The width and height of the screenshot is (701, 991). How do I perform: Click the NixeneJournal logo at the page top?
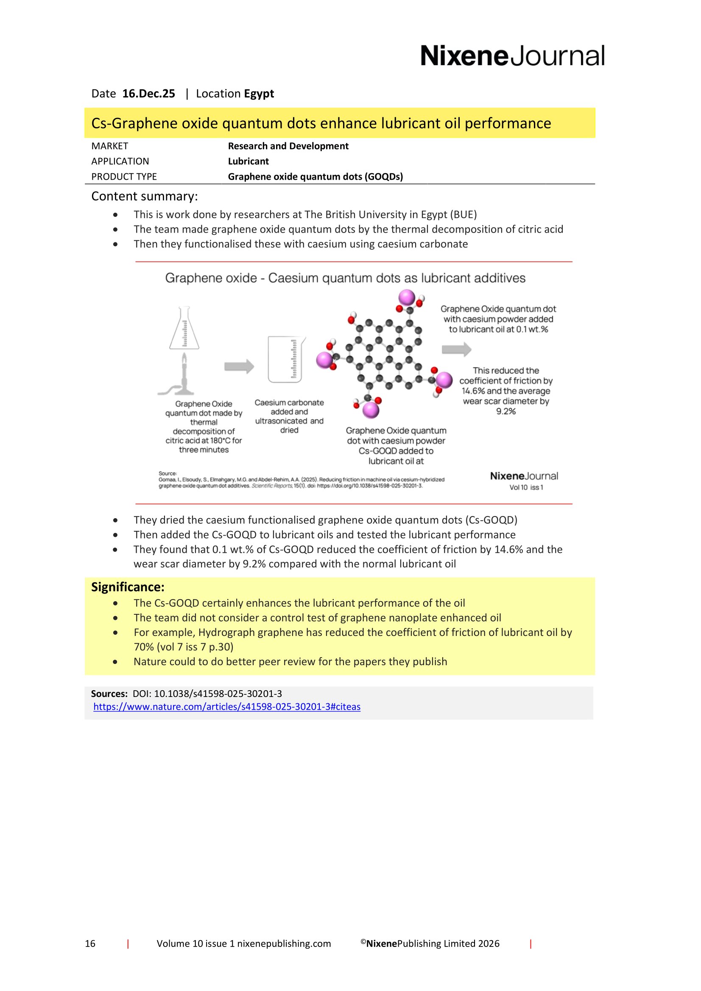(x=512, y=56)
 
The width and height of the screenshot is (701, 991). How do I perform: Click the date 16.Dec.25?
(x=148, y=94)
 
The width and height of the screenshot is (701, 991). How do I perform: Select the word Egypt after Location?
(x=259, y=94)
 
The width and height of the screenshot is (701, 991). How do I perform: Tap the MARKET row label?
(x=110, y=146)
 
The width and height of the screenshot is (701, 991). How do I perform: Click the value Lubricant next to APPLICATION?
(x=249, y=161)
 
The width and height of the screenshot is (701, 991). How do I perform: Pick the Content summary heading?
(x=144, y=197)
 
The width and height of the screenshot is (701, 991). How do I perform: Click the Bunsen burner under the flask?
(x=182, y=375)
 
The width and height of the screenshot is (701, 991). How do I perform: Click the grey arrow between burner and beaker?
(x=239, y=366)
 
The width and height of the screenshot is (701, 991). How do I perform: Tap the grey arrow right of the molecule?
(x=456, y=349)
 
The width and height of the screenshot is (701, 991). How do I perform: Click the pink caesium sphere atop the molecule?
(x=406, y=297)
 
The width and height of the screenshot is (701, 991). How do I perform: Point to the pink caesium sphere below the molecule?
(x=371, y=410)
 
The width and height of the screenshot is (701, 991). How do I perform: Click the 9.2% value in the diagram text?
(x=506, y=411)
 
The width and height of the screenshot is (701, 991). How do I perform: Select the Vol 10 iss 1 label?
(x=526, y=487)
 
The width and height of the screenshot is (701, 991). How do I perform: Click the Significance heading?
(x=127, y=587)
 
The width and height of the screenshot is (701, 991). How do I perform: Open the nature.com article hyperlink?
(x=227, y=707)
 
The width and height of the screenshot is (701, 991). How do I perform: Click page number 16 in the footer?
(x=90, y=944)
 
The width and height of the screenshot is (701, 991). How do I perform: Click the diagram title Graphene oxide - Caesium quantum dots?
(x=345, y=278)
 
